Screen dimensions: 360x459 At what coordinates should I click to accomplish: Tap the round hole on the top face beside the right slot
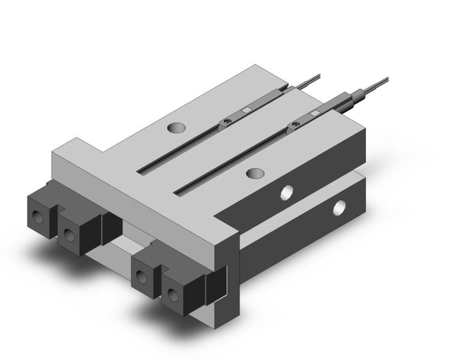pos(256,173)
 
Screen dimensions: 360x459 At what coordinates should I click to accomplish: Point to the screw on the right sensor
pos(295,125)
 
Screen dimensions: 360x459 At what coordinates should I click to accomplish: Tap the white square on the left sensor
pos(247,110)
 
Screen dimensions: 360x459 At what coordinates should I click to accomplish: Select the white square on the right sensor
pos(314,112)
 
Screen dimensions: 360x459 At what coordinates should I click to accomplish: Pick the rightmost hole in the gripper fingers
pos(173,294)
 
